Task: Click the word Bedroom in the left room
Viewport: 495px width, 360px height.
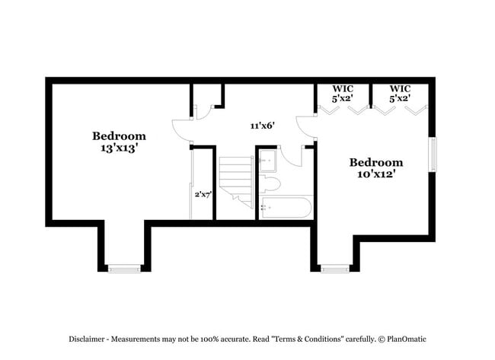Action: (x=119, y=136)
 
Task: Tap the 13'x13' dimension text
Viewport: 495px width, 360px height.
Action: (x=119, y=148)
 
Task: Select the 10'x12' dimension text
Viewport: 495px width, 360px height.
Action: (x=375, y=174)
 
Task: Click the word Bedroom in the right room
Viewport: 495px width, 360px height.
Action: (x=375, y=162)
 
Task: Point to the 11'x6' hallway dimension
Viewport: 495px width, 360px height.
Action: (x=262, y=126)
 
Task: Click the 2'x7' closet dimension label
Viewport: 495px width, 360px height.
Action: (x=203, y=195)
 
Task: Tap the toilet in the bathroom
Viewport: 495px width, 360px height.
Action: (x=271, y=184)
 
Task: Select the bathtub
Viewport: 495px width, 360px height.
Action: (x=286, y=207)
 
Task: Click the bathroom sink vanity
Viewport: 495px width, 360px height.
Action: (x=267, y=161)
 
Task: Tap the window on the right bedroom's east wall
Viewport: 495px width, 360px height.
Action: (x=433, y=155)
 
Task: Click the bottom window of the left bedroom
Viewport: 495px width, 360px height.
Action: (x=124, y=268)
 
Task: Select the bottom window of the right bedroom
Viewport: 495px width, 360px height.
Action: (x=334, y=268)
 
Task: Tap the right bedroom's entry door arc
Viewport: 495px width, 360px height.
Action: (x=305, y=126)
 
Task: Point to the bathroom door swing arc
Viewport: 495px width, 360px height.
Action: (x=290, y=159)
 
